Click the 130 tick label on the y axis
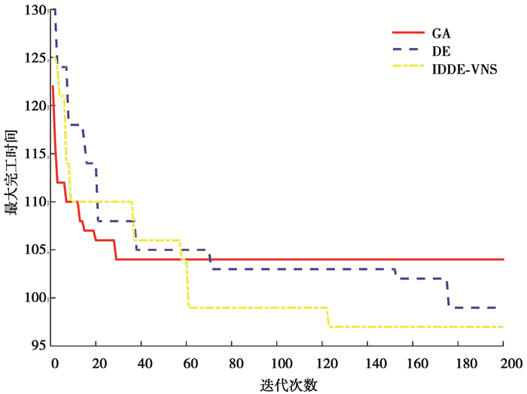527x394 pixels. (37, 10)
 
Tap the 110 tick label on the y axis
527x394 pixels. (37, 202)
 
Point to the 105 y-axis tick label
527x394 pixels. (37, 250)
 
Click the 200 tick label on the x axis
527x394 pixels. (503, 362)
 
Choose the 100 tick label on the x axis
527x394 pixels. (279, 362)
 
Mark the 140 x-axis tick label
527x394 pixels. (368, 362)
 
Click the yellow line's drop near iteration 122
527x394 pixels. (328, 317)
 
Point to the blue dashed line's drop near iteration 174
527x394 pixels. (448, 293)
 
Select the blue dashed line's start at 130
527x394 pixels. (53, 10)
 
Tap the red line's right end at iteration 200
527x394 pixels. (502, 259)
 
